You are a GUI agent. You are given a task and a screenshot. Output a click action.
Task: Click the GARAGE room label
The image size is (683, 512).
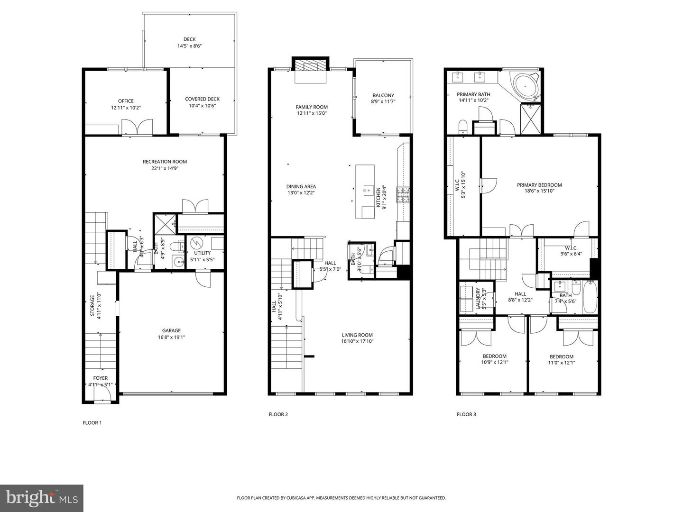coord(171,331)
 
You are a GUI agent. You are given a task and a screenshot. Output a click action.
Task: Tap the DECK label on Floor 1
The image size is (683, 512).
coord(189,39)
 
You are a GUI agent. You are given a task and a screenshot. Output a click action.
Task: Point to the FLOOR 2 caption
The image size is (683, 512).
coord(278,414)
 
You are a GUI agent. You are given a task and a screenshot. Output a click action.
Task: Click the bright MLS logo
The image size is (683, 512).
coord(42,498)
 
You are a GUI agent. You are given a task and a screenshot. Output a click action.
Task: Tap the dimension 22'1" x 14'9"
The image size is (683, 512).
coord(165,168)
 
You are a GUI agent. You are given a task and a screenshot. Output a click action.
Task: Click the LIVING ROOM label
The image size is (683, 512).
coord(357,335)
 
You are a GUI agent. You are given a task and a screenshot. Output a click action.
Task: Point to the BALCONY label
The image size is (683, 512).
coord(383,95)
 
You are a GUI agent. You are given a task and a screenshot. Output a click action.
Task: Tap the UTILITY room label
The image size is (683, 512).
coord(202,253)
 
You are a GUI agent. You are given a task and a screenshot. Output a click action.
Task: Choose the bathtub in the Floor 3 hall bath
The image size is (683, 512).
coord(590,297)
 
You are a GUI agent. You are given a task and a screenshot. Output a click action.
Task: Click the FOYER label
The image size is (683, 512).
coord(100,378)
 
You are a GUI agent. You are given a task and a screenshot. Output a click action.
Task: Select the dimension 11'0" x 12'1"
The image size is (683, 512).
coord(562,363)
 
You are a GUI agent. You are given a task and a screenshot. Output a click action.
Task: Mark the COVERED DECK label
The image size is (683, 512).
coord(202,99)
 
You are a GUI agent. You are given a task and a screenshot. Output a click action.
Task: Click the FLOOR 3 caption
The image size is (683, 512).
coord(466,414)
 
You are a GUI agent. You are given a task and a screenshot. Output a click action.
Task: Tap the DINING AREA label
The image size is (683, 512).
coord(301,186)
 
